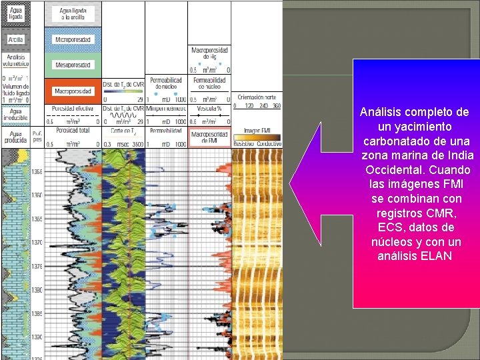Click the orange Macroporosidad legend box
point(73,91)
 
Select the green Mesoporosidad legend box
point(73,65)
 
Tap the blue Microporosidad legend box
point(73,39)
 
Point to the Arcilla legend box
point(15,39)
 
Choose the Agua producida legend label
point(15,137)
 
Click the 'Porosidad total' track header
point(73,131)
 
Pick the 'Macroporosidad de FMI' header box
point(209,138)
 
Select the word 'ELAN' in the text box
point(437,255)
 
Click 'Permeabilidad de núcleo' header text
point(167,83)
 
